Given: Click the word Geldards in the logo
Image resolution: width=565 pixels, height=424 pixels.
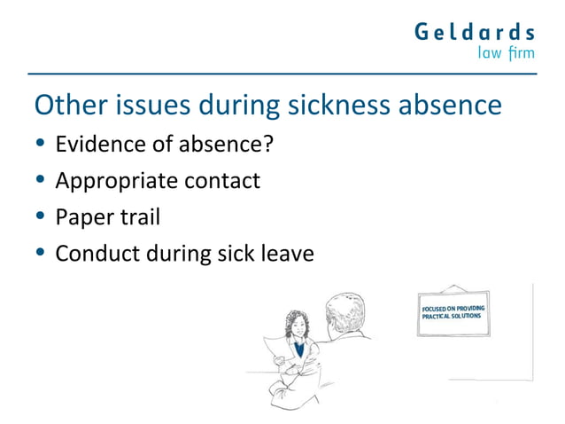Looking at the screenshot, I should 475,33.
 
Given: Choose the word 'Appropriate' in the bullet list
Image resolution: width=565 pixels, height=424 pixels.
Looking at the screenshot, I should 112,181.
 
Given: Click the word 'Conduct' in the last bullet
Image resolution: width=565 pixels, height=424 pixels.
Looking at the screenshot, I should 90,255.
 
